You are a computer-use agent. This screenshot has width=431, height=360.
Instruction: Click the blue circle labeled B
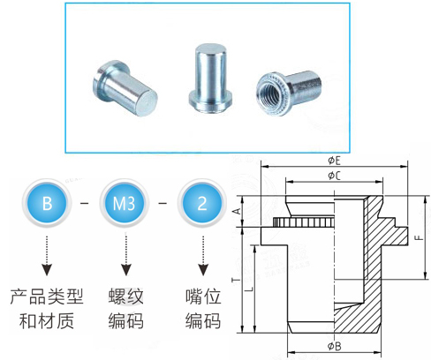47,203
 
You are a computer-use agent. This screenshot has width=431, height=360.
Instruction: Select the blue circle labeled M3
125,203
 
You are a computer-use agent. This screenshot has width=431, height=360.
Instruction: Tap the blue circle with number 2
202,203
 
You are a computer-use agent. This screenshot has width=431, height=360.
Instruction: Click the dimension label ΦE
334,161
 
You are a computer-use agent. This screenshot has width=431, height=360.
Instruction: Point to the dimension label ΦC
334,176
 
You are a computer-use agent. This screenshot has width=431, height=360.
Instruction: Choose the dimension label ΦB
334,346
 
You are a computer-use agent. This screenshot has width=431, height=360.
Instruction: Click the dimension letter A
238,211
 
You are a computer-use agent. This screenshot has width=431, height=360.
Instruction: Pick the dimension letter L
249,289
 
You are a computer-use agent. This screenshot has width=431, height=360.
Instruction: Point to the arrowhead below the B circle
47,269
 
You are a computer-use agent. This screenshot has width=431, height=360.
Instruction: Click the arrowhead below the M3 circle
125,269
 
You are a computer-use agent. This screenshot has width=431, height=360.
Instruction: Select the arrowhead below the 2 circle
203,269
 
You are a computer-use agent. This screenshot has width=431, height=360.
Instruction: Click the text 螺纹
125,296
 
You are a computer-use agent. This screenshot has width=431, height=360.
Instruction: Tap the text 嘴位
203,296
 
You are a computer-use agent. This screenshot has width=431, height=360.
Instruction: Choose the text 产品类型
47,296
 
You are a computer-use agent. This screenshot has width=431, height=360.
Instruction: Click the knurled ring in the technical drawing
303,222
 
